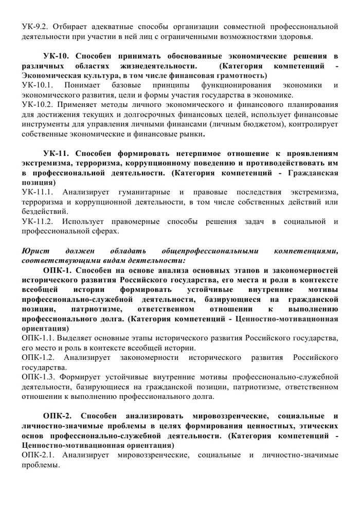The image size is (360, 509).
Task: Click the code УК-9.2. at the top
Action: (35, 26)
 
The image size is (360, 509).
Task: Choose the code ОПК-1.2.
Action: (39, 357)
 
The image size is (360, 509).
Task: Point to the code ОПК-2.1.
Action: (39, 455)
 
